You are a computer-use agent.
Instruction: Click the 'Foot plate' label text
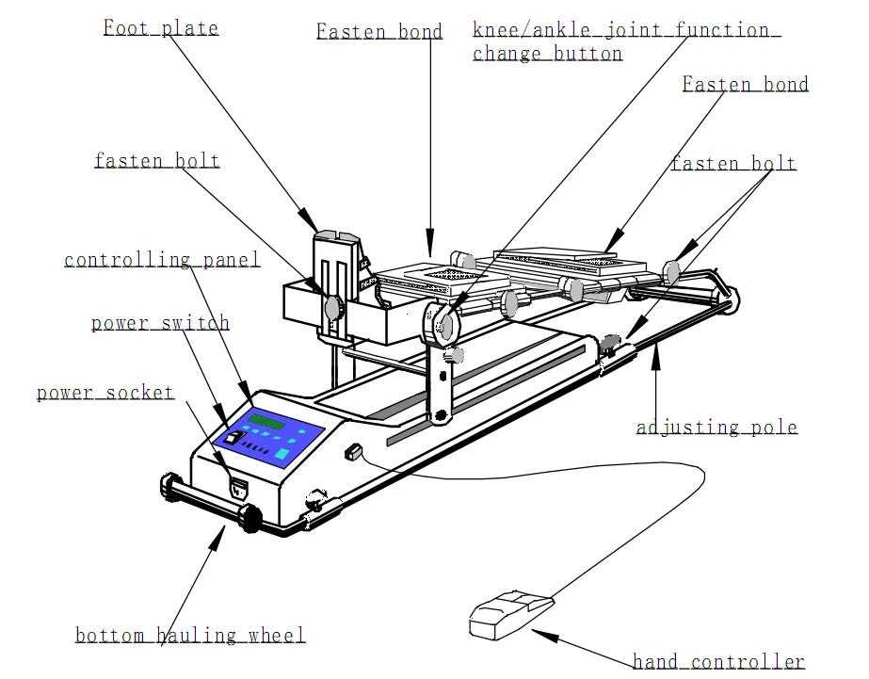(x=161, y=27)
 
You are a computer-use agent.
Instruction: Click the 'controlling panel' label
(x=162, y=260)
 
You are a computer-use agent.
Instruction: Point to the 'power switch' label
(x=160, y=323)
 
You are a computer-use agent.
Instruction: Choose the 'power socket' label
(x=105, y=392)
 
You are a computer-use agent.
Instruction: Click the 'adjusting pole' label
(x=716, y=428)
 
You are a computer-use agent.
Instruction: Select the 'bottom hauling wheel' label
(x=190, y=636)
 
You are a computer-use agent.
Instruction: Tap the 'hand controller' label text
(x=718, y=662)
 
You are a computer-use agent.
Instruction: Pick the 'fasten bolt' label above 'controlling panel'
(x=156, y=161)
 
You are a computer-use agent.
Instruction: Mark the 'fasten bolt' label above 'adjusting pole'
(x=733, y=164)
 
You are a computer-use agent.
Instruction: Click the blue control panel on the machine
(x=269, y=437)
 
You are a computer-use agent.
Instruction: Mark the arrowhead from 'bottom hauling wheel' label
(x=222, y=533)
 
